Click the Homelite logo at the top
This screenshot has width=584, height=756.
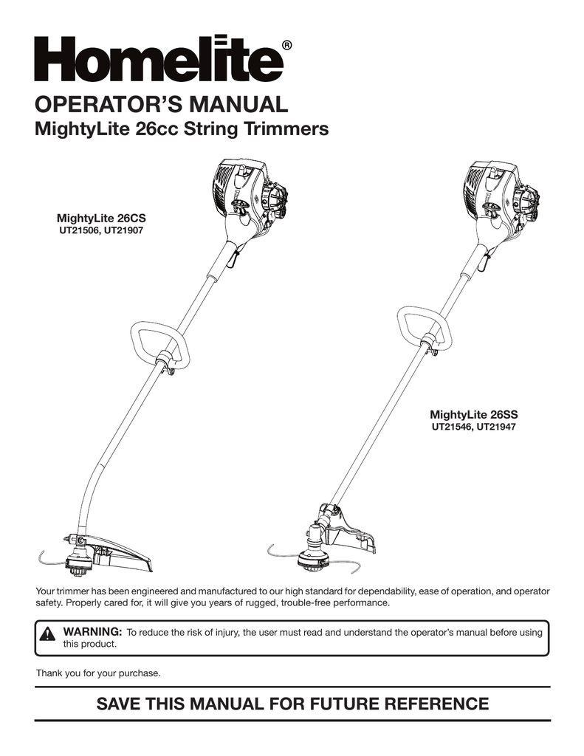point(159,59)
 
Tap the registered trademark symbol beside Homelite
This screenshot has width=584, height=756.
point(286,47)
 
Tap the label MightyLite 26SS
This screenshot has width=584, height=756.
point(472,413)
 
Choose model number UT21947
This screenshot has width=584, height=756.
point(495,426)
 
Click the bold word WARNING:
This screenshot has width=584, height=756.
point(92,632)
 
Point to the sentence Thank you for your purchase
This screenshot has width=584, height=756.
point(98,673)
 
